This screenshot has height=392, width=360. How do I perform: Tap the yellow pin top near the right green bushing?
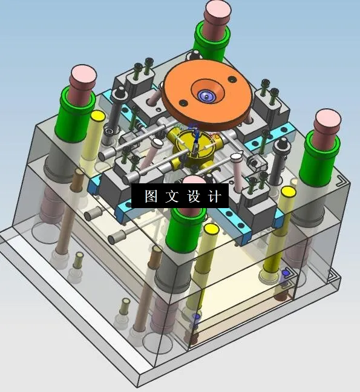point(289,192)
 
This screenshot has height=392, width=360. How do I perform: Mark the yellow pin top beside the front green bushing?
point(211,229)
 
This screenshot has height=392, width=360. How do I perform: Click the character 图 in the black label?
point(151,196)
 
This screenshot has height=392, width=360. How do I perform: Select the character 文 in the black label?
point(171,196)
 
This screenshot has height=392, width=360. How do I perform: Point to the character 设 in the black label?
point(193,196)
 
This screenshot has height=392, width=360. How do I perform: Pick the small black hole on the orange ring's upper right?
point(233,78)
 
